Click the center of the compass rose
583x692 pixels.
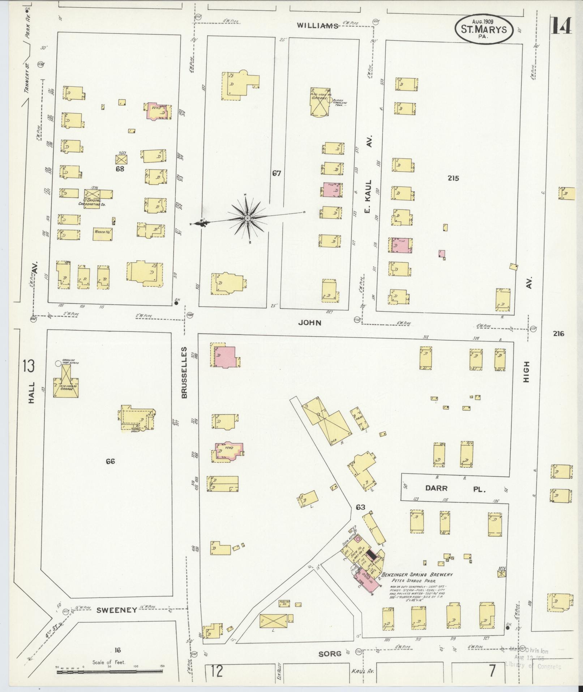tap(248, 218)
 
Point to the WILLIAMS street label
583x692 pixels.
tap(317, 25)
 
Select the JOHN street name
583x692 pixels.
tap(309, 322)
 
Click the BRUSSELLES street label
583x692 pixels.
tap(184, 373)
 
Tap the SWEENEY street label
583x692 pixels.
tap(116, 610)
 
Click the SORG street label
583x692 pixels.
tap(330, 654)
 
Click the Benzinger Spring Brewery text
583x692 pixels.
tap(417, 575)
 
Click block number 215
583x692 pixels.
tap(453, 178)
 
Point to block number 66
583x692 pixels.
tap(110, 461)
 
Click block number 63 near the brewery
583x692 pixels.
tap(360, 507)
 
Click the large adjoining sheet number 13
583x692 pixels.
tap(28, 366)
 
